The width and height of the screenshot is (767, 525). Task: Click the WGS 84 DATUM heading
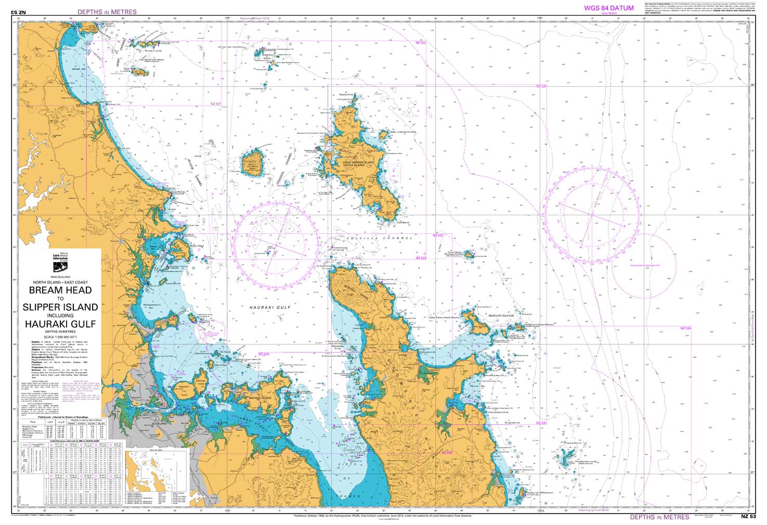[x=608, y=8]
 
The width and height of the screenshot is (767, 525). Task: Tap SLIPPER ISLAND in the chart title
[x=60, y=307]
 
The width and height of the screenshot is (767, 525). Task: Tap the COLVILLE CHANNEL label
[x=374, y=238]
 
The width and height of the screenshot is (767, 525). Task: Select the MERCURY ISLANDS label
[x=501, y=316]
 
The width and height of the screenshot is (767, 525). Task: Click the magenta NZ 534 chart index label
[x=685, y=328]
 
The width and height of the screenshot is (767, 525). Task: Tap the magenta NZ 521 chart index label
[x=216, y=104]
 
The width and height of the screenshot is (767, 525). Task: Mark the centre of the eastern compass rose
[x=592, y=214]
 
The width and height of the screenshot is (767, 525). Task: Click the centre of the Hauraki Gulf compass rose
[x=276, y=245]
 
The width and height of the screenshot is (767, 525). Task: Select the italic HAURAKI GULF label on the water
[x=270, y=308]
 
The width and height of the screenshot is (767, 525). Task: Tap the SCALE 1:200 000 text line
[x=60, y=337]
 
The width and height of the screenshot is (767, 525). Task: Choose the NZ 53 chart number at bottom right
[x=748, y=517]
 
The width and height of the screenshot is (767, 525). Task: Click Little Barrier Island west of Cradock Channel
[x=254, y=162]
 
